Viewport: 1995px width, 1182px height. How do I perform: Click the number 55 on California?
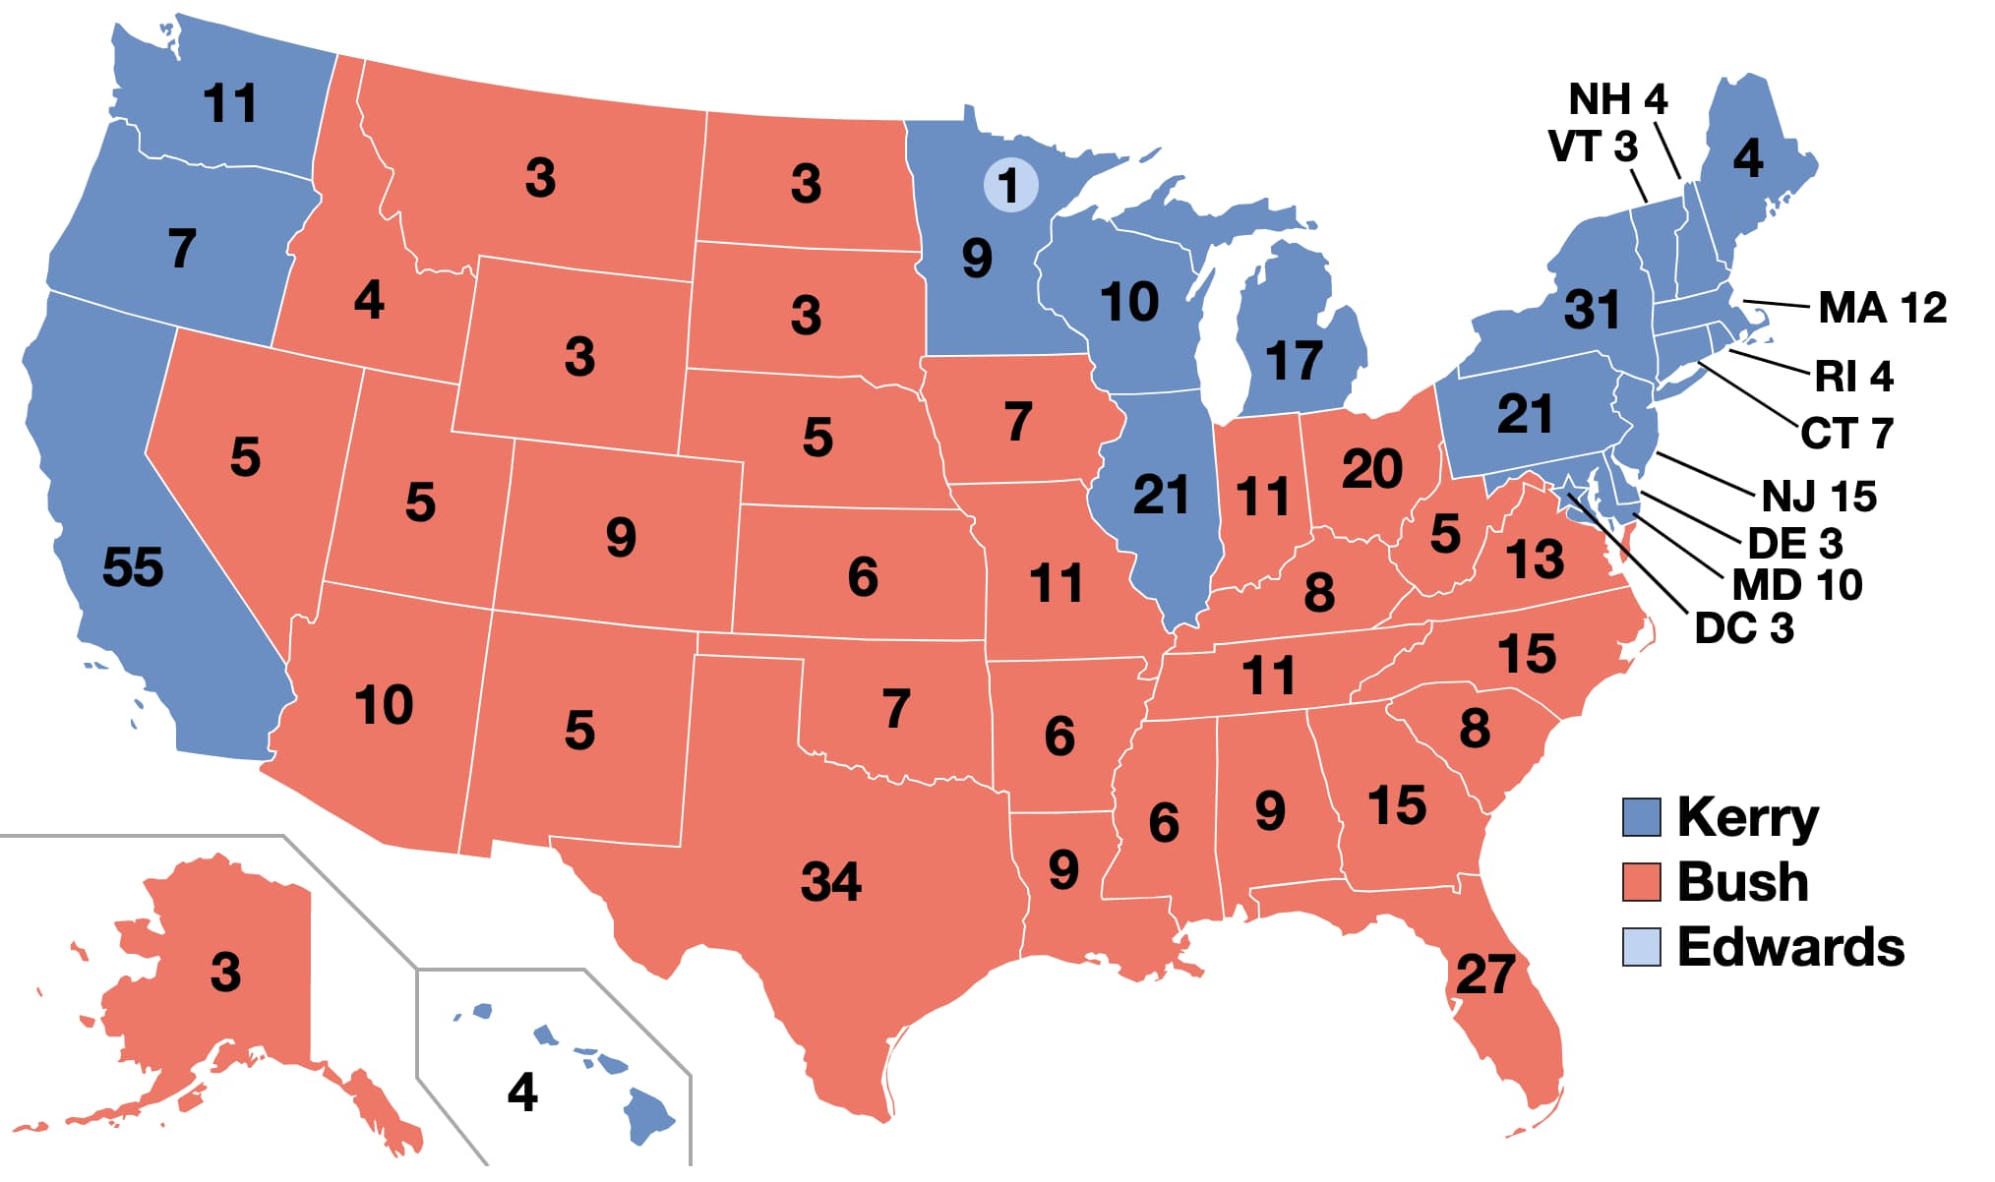(133, 567)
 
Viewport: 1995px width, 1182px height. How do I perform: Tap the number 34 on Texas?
(831, 881)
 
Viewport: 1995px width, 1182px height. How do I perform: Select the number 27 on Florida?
(1485, 975)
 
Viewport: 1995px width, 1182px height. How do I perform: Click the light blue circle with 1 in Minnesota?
(1010, 185)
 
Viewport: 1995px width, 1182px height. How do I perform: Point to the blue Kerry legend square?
(1641, 817)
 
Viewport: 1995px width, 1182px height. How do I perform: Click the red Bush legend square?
(1641, 882)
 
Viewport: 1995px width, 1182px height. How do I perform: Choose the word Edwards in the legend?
(1790, 947)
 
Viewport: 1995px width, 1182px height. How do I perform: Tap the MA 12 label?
(1882, 308)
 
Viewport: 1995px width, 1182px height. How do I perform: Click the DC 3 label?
(1744, 628)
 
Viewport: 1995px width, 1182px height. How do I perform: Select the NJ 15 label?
(1819, 497)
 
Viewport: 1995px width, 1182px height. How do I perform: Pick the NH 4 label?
(1617, 99)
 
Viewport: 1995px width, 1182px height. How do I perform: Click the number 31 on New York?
(1593, 310)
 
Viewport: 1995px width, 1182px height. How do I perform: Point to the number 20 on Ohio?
(1372, 469)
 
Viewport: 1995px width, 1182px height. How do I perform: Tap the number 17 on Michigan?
(1294, 361)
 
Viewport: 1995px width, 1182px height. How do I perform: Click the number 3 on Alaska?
(225, 973)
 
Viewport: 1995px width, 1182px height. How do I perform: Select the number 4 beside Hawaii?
(522, 1093)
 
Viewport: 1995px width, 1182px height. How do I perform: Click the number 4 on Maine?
(1747, 157)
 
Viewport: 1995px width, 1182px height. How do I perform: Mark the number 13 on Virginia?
(1535, 560)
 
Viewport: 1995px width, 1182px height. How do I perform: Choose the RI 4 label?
(1853, 377)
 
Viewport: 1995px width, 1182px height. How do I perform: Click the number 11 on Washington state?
(230, 103)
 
